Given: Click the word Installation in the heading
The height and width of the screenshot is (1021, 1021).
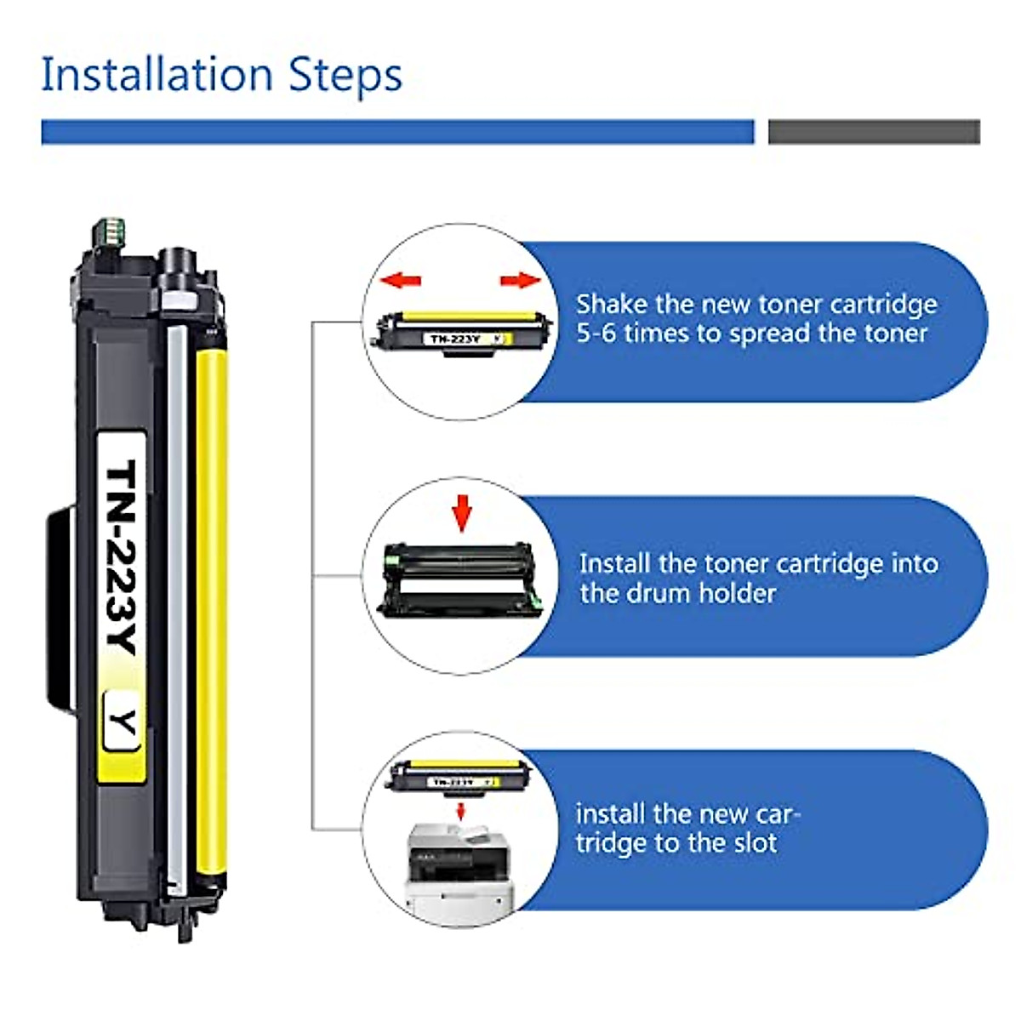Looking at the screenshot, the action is pos(157,74).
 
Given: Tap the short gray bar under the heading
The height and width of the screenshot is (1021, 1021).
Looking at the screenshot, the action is pos(874,131).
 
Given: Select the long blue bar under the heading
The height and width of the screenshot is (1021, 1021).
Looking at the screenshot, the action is pos(397,131).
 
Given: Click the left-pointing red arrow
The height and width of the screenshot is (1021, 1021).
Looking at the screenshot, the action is pos(401,280).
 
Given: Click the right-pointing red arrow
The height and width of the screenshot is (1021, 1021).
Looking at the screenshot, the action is pos(521,280).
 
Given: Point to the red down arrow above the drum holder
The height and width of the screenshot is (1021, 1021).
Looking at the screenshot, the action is pos(462,513).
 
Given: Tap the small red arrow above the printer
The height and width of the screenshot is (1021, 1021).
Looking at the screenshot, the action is pos(460,811).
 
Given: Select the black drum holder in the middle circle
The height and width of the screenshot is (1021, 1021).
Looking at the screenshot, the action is pos(460,579).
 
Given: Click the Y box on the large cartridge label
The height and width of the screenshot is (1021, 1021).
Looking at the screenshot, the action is pos(123,722).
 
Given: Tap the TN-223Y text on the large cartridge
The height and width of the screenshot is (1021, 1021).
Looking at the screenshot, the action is pos(122,556).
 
